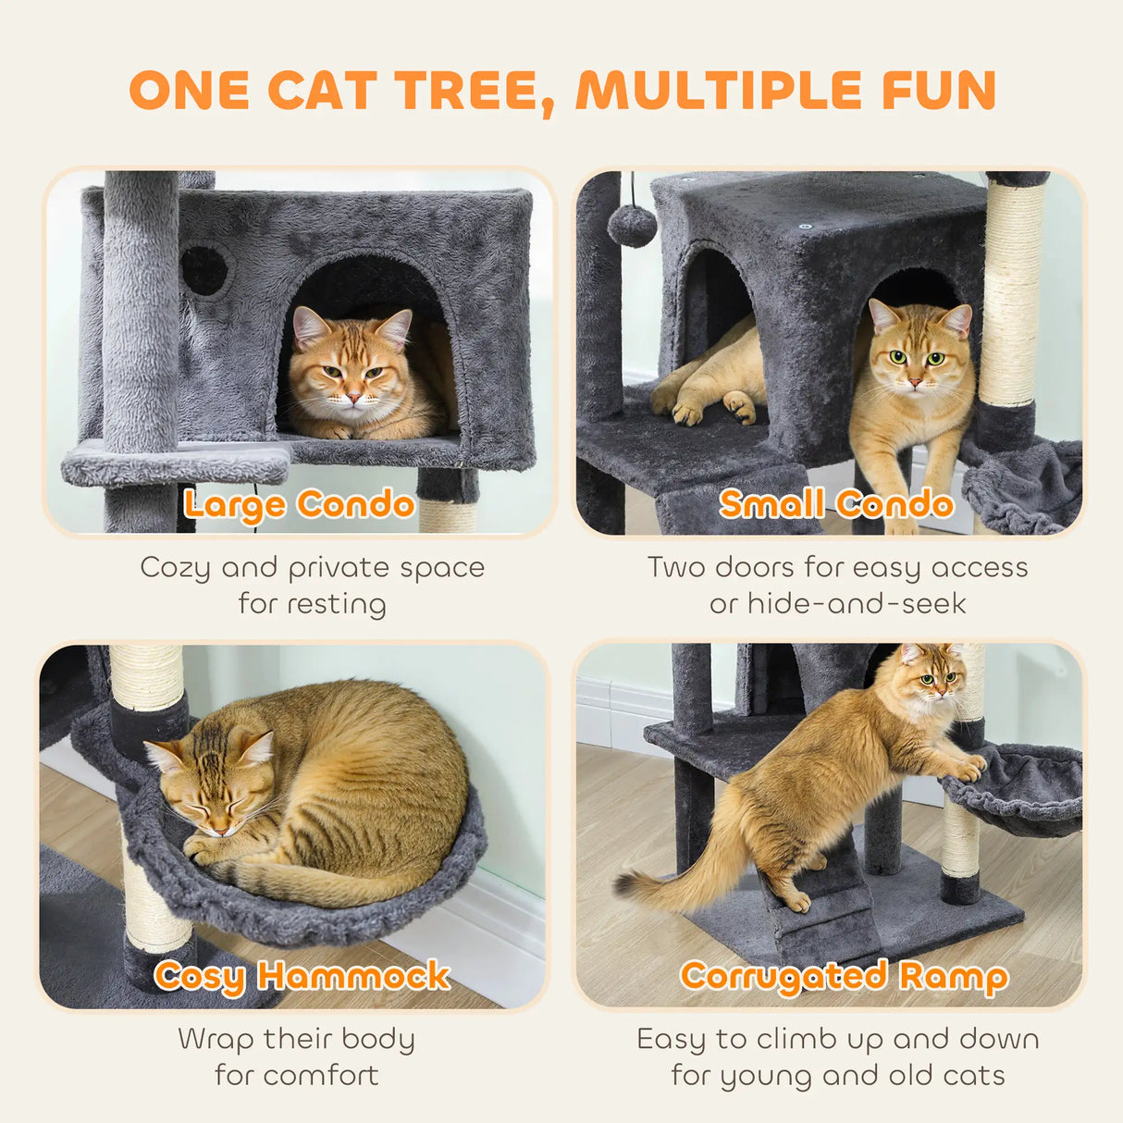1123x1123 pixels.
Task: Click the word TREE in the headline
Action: pyautogui.click(x=469, y=91)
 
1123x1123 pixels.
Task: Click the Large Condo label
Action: pyautogui.click(x=299, y=505)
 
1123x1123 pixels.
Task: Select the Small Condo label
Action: pyautogui.click(x=836, y=504)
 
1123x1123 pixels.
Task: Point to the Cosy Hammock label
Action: pyautogui.click(x=302, y=976)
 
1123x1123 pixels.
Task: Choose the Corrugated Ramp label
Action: pyautogui.click(x=844, y=977)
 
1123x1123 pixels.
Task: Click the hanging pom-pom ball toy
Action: pyautogui.click(x=632, y=225)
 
